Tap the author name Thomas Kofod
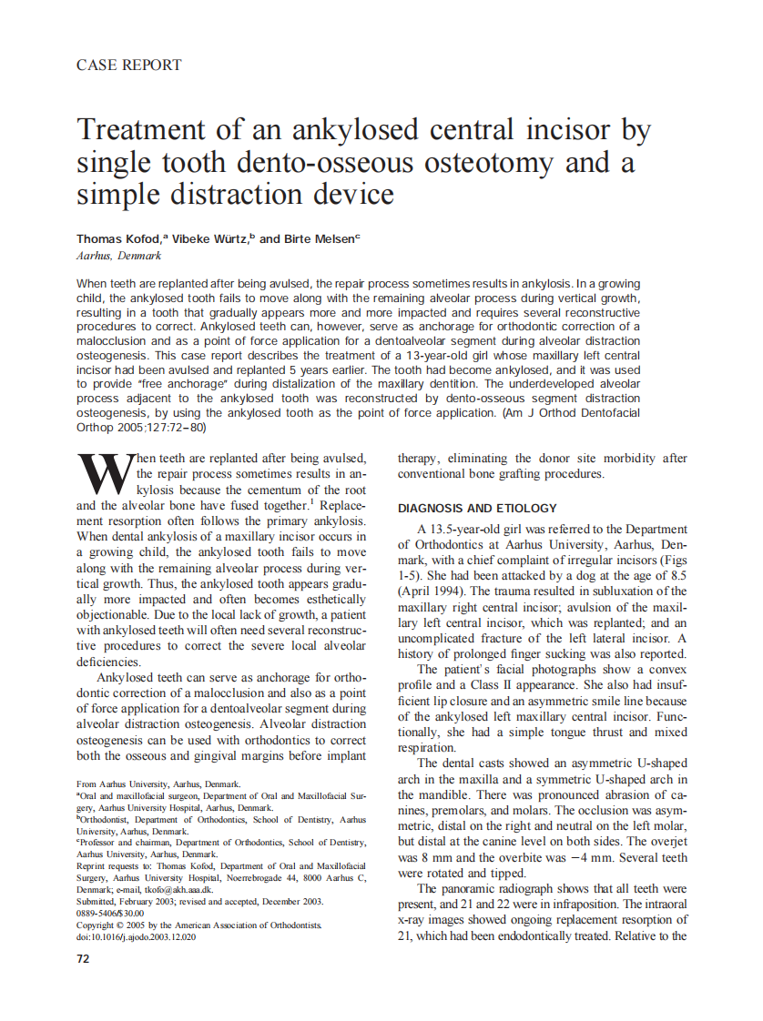coord(118,238)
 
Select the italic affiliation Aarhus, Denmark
coord(118,256)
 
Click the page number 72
coord(83,958)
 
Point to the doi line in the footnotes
coord(136,936)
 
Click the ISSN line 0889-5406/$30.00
coord(110,913)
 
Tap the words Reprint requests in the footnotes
coord(113,865)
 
